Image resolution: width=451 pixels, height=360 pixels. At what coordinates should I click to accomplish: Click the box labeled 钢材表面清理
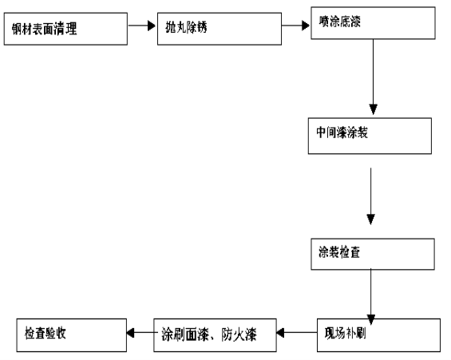click(65, 29)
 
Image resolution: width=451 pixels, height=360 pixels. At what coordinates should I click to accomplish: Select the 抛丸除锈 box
click(220, 29)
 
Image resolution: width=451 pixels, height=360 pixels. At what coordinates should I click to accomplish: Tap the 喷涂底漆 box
click(373, 23)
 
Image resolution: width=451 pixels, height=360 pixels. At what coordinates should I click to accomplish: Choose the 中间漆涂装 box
click(370, 136)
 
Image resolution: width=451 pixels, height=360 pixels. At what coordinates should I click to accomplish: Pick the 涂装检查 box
click(373, 254)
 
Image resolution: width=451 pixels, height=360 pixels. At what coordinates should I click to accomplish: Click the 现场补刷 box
click(378, 335)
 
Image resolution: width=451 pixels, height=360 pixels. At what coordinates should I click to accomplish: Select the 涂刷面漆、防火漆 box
click(216, 335)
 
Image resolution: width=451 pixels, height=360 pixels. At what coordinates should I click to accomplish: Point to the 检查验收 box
click(72, 335)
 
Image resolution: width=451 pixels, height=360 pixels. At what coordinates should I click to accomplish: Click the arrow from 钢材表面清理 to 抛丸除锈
click(142, 26)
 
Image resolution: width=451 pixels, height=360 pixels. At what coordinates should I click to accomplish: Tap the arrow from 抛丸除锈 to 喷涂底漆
click(295, 26)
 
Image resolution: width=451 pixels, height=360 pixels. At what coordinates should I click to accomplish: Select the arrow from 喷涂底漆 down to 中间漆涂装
click(373, 77)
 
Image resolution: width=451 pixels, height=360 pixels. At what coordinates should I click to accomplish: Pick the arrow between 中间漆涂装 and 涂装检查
click(370, 196)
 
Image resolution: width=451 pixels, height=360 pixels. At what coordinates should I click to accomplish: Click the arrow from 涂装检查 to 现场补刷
click(370, 297)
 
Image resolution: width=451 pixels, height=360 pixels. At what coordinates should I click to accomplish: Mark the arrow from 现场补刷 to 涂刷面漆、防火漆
click(297, 333)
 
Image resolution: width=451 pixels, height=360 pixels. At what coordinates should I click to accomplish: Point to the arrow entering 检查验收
click(142, 333)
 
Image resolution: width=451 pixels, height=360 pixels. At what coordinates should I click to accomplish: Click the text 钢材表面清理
click(44, 29)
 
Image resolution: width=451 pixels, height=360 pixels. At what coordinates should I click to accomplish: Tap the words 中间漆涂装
click(342, 133)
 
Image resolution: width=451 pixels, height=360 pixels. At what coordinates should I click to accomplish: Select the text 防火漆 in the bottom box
click(239, 334)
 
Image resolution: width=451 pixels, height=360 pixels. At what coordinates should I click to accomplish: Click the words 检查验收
click(45, 333)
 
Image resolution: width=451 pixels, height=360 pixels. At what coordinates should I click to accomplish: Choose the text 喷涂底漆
click(340, 22)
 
